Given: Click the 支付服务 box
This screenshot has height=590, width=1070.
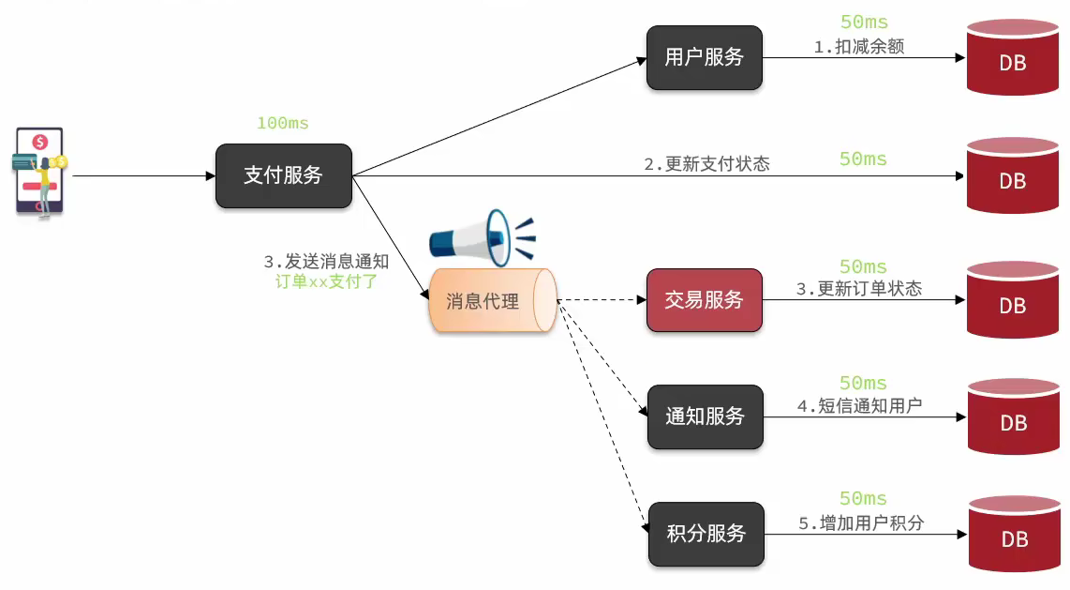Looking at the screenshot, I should tap(283, 175).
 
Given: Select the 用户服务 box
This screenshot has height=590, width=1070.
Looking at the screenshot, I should tap(704, 57).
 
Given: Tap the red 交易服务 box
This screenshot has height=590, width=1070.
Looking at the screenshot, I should tap(704, 300).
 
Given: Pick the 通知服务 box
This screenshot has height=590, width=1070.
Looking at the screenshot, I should tap(705, 416).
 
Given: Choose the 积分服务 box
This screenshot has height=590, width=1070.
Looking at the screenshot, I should tap(706, 534).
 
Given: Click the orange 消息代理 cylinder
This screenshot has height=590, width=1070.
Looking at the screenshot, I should tap(491, 301).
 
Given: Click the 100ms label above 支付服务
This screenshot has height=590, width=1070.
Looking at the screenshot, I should tap(282, 123).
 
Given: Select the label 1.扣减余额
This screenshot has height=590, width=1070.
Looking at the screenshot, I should tap(858, 46).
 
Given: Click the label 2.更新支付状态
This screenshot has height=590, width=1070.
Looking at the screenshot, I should tap(706, 163).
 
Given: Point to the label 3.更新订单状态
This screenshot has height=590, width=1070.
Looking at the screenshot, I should tap(858, 289).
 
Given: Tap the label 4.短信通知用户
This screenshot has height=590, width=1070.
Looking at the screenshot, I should tap(859, 405).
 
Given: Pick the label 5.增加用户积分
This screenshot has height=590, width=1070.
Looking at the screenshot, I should tap(860, 522).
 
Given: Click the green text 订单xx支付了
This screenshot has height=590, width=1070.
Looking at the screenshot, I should tap(326, 281).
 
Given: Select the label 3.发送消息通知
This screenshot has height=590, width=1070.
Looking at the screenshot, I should tap(326, 262).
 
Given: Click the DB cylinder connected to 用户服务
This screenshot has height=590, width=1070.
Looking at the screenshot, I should tap(1013, 58).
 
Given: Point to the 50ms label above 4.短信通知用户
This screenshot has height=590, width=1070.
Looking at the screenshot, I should tap(863, 383).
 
